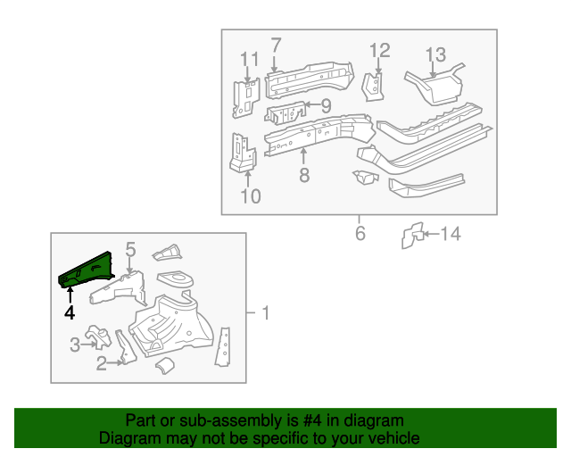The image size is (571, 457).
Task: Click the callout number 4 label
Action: click(x=69, y=312)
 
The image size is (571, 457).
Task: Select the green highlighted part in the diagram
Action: click(x=87, y=270)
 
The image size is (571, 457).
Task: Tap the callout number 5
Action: click(x=129, y=250)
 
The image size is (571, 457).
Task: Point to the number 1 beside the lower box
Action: click(x=264, y=312)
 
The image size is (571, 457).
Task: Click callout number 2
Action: click(x=102, y=361)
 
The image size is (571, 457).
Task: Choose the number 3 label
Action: click(x=74, y=345)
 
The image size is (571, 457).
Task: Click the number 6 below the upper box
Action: click(x=360, y=234)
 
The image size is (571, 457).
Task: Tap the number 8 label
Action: click(x=303, y=175)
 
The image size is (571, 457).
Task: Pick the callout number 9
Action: click(x=325, y=106)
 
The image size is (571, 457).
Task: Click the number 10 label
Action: click(x=251, y=195)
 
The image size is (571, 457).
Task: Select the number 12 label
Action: click(x=379, y=50)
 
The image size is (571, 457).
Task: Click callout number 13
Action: click(x=434, y=55)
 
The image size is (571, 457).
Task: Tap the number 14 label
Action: click(x=451, y=235)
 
